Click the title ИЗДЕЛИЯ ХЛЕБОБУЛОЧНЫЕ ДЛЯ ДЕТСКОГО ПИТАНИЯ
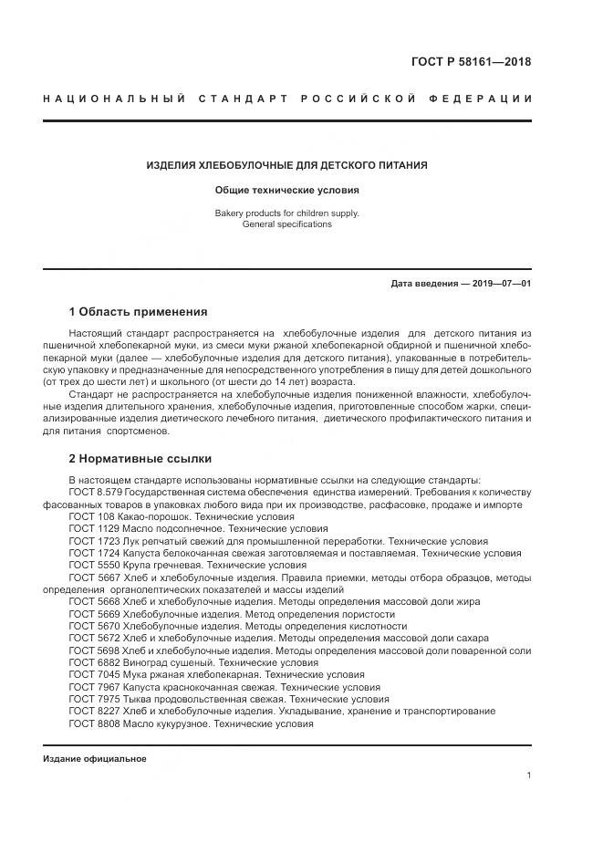click(x=287, y=165)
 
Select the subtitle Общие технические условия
click(x=287, y=191)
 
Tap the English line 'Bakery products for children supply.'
click(x=287, y=213)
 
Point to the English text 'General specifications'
click(x=287, y=224)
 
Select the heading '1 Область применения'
click(x=138, y=312)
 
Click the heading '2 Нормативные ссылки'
click(x=140, y=458)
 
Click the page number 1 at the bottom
click(x=529, y=775)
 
